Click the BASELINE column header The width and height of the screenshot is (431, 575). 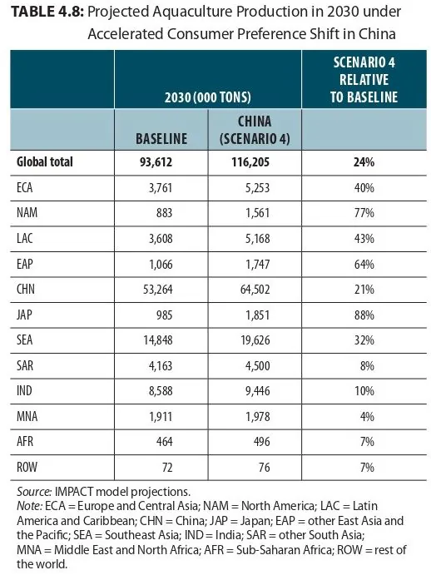161,139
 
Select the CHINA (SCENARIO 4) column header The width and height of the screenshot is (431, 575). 255,130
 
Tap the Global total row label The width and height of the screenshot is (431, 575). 45,161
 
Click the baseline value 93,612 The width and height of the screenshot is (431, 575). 156,162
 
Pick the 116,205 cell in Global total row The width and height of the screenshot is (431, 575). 250,162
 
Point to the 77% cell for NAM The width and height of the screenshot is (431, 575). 364,213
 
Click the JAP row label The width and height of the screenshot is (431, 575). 24,315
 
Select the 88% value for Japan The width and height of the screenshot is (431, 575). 364,315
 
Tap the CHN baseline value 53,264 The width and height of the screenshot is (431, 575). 158,290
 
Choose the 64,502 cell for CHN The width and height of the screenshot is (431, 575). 255,290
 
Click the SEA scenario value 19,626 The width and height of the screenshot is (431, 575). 255,340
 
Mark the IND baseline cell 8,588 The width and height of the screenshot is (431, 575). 161,391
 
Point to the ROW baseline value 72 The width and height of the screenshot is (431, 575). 167,468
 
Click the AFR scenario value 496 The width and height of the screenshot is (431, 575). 262,442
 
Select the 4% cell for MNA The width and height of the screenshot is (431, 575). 367,417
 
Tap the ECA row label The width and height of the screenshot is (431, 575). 25,187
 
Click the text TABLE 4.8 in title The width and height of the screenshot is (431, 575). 47,12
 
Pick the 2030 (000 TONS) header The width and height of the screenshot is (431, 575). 208,97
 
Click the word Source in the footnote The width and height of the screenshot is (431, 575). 34,492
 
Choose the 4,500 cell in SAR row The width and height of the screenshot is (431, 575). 258,365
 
